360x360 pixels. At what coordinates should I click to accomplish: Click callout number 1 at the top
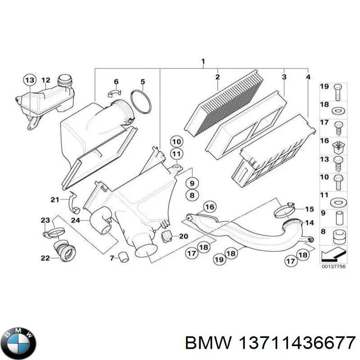[203, 61]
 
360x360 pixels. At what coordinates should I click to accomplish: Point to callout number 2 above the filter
[217, 77]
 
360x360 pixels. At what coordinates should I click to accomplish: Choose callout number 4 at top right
[308, 77]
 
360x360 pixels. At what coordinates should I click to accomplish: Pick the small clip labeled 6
[115, 93]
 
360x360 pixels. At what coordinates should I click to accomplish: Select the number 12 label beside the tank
[46, 81]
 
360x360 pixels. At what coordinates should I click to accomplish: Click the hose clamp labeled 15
[284, 208]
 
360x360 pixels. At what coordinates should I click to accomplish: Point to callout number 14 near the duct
[309, 223]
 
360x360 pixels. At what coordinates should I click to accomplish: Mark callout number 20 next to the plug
[183, 236]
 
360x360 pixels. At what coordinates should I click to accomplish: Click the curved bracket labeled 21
[73, 203]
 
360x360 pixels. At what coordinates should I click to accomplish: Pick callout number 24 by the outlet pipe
[75, 220]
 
